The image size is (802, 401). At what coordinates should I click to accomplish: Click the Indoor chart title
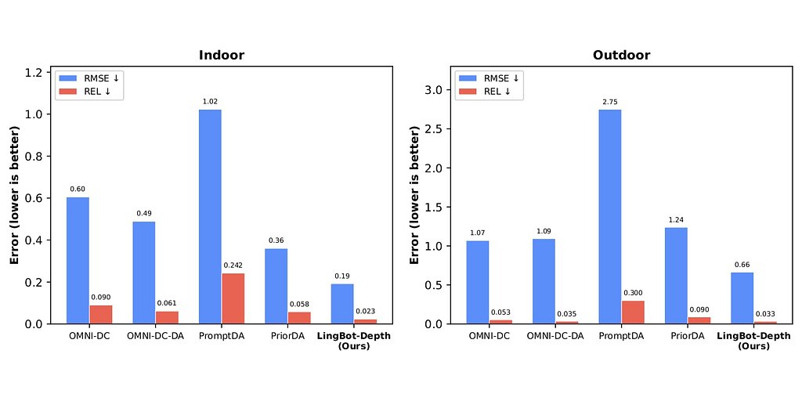221,56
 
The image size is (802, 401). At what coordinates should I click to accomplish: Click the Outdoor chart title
621,56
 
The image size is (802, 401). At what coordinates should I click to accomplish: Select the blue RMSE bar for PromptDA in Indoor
210,216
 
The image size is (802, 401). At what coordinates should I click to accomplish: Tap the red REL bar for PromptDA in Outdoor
633,312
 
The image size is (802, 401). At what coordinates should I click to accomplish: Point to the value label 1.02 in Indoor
210,102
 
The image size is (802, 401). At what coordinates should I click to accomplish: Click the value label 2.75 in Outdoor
610,102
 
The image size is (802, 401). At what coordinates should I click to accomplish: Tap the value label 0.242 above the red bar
233,266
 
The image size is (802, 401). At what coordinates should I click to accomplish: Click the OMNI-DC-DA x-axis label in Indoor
155,336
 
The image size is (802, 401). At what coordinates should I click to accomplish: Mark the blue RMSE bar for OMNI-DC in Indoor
78,261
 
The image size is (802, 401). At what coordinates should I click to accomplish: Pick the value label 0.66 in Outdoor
742,265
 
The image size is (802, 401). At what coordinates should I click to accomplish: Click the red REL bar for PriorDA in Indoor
299,317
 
